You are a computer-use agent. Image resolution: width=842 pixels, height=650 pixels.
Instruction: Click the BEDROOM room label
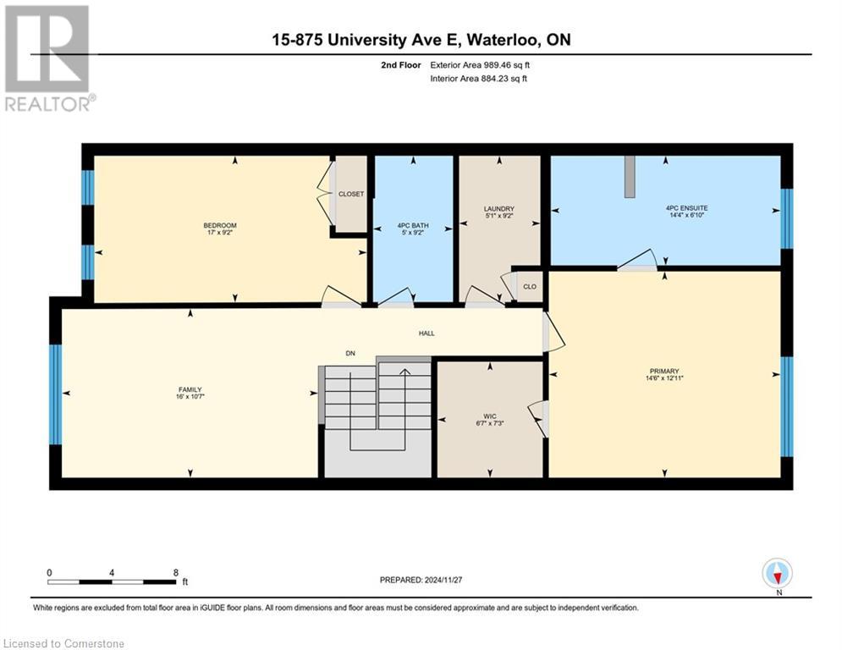click(214, 225)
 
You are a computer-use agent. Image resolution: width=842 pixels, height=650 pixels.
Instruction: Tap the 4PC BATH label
click(414, 225)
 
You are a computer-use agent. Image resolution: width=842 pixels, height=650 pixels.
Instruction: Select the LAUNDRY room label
click(499, 209)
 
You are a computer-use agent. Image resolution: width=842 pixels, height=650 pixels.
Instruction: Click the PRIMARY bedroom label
click(665, 371)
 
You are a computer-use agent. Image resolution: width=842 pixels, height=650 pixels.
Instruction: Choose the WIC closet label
click(489, 416)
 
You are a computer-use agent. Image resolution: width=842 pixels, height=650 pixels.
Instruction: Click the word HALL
click(427, 333)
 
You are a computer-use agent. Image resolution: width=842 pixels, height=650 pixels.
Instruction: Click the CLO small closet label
click(530, 286)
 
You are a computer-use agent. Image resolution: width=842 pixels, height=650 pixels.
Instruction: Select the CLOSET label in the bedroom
click(351, 194)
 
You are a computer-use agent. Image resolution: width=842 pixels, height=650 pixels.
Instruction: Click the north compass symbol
click(777, 573)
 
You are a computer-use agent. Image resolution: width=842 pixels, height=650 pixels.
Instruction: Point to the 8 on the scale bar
click(174, 572)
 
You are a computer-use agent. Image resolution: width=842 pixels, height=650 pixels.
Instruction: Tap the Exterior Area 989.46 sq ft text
click(480, 64)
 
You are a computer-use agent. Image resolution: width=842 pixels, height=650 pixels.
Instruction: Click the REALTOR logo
click(48, 58)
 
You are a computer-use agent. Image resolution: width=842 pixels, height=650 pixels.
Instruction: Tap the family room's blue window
click(55, 394)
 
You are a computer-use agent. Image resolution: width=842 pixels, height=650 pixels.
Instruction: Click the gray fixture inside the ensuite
click(630, 176)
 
